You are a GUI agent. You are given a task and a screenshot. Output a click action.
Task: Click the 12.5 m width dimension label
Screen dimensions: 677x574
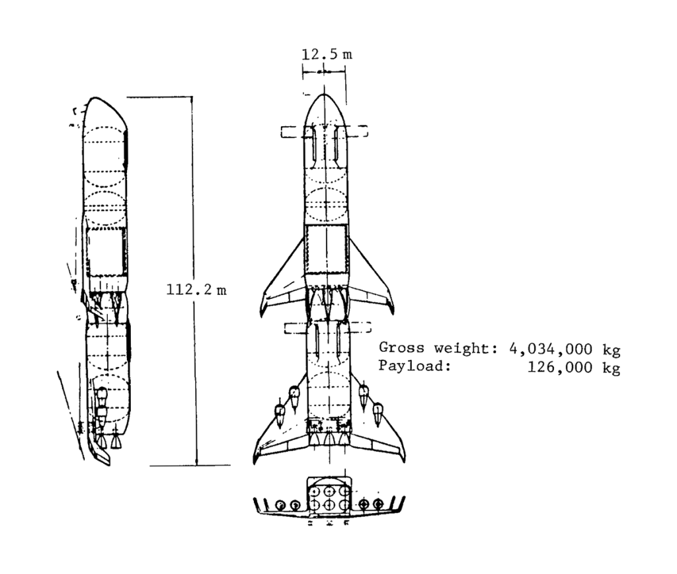(x=327, y=54)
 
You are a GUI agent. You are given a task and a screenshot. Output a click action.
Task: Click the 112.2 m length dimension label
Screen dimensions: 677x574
(x=196, y=290)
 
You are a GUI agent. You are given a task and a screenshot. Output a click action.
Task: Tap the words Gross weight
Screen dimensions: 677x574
(x=435, y=348)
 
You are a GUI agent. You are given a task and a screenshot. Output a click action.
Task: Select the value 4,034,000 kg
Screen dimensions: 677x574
(x=565, y=349)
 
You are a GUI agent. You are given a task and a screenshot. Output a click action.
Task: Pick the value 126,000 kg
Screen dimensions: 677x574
(x=574, y=368)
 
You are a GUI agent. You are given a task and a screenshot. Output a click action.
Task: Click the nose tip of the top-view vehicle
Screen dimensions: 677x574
(x=324, y=94)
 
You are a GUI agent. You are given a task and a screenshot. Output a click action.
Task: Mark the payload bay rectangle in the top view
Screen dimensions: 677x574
(x=326, y=249)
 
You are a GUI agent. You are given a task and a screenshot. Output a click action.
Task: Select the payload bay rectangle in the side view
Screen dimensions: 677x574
(x=106, y=251)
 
